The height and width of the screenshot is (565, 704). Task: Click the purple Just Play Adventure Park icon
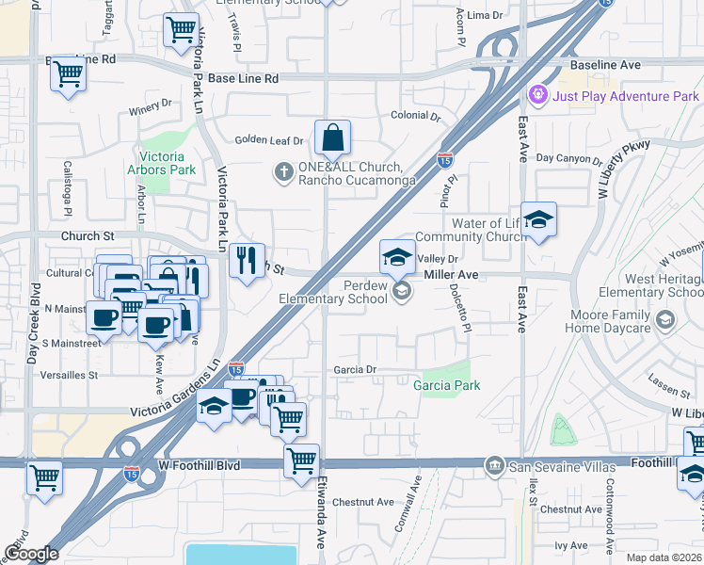[x=537, y=95]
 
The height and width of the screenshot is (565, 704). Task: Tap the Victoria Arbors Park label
[x=167, y=163]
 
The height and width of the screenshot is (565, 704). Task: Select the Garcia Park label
[x=446, y=385]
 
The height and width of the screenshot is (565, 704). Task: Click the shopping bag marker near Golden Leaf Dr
[x=332, y=139]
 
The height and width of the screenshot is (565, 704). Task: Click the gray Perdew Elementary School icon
[x=402, y=291]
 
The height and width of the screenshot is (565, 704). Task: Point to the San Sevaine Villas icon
[x=494, y=466]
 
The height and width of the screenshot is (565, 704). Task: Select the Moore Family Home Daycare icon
[x=666, y=321]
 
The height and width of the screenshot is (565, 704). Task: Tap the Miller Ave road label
[x=452, y=274]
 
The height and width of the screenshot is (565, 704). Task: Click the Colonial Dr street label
[x=415, y=117]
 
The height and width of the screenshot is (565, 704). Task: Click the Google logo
[x=31, y=554]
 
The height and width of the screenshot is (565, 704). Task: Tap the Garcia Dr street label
[x=355, y=370]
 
